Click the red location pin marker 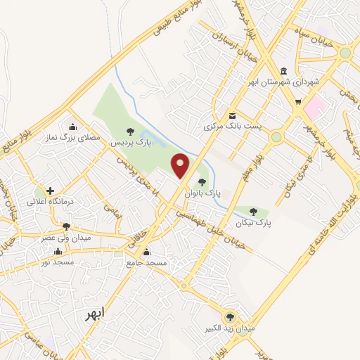(181, 165)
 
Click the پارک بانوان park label (202, 191)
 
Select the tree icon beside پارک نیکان (253, 212)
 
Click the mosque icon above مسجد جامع (146, 252)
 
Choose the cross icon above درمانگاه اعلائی (50, 191)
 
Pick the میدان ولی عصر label (67, 237)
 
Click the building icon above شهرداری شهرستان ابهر (283, 71)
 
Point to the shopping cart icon (298, 101)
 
